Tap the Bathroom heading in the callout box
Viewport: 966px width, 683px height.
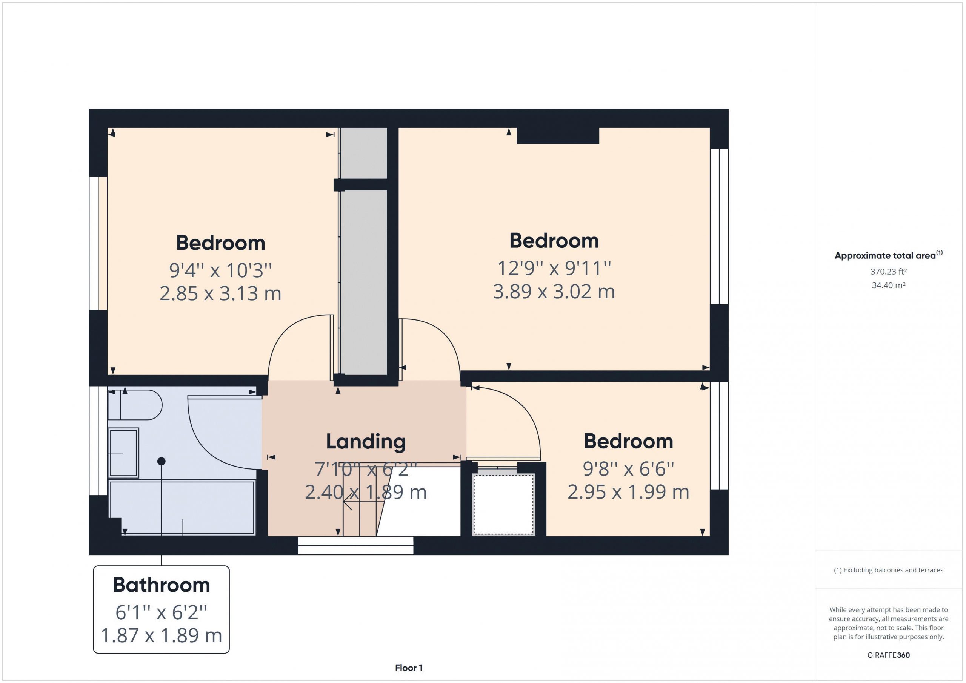pos(161,585)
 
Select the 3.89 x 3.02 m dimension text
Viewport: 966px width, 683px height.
pos(554,292)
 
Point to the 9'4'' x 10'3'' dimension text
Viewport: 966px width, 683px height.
pos(220,270)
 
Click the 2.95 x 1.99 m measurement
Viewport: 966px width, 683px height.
pos(628,492)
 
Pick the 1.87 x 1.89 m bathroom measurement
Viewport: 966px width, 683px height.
pos(161,635)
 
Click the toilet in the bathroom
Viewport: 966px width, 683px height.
pos(135,405)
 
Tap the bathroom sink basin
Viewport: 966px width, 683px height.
pos(123,453)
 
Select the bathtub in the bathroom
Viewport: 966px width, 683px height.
pos(182,508)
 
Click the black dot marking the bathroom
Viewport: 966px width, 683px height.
pos(161,461)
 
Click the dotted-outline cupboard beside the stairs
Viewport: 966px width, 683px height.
pos(503,505)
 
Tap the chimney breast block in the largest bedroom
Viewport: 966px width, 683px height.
pos(557,136)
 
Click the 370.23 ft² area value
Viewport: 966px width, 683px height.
pos(889,272)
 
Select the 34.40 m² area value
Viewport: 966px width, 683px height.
pos(889,285)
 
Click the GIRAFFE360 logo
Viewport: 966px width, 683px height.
pos(889,655)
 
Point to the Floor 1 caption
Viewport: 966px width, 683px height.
pos(409,668)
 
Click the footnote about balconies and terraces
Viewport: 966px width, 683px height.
pos(889,570)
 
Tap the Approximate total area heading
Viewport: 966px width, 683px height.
pos(889,255)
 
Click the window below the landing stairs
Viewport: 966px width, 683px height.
pos(356,545)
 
